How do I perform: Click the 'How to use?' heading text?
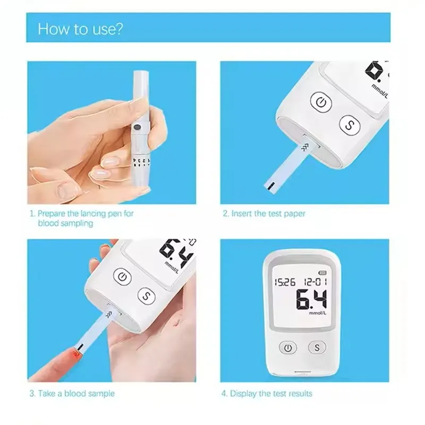pyautogui.click(x=80, y=29)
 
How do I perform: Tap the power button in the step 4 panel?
pyautogui.click(x=287, y=347)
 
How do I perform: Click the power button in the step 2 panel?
pyautogui.click(x=321, y=102)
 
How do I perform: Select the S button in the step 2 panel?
pyautogui.click(x=350, y=125)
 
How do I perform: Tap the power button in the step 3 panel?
pyautogui.click(x=122, y=277)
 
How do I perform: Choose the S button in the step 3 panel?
pyautogui.click(x=147, y=296)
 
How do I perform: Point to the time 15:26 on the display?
pyautogui.click(x=285, y=282)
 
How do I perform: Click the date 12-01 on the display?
pyautogui.click(x=315, y=282)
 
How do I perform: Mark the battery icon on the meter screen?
pyautogui.click(x=322, y=273)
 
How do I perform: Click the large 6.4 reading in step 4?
pyautogui.click(x=311, y=299)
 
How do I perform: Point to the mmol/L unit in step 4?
pyautogui.click(x=318, y=313)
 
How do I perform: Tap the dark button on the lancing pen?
pyautogui.click(x=137, y=126)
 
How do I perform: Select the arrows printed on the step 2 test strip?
pyautogui.click(x=305, y=148)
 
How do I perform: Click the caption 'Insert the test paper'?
pyautogui.click(x=268, y=214)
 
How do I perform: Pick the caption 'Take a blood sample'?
pyautogui.click(x=76, y=393)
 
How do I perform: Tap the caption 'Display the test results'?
pyautogui.click(x=271, y=393)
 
